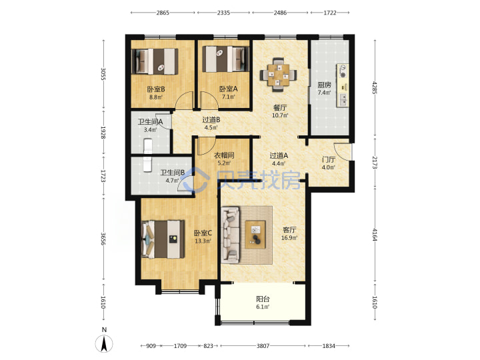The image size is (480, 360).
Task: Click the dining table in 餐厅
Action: click(278, 75)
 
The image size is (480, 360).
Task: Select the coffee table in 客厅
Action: click(255, 235)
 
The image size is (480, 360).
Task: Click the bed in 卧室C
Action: click(163, 239)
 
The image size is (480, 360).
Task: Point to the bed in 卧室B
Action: click(155, 61)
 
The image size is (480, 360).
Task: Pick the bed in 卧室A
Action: click(225, 59)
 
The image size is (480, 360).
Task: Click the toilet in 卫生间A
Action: click(148, 146)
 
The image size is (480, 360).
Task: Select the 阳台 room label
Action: click(263, 299)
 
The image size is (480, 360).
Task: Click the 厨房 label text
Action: click(324, 85)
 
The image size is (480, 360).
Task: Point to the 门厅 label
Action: click(329, 160)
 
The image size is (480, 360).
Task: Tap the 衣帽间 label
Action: click(224, 155)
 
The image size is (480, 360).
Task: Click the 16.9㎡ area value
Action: click(289, 238)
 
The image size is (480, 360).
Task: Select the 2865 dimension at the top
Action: click(163, 13)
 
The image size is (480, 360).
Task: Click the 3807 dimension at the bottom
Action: click(263, 346)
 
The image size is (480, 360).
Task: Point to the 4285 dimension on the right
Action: click(375, 87)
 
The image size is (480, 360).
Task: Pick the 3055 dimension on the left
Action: click(103, 74)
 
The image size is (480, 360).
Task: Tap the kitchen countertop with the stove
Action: click(343, 85)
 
